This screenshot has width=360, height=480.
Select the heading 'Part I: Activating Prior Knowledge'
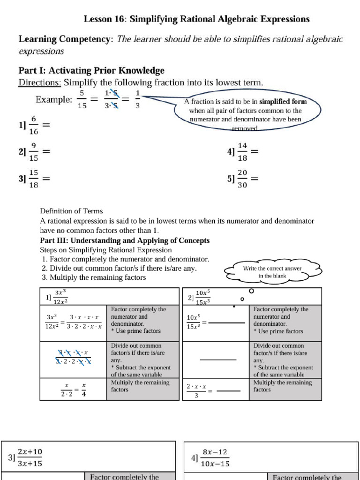[x=91, y=70]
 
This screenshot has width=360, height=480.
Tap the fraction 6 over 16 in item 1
[x=34, y=126]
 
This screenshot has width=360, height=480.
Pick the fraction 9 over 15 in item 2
[x=34, y=152]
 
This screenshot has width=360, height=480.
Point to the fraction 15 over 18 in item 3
[x=34, y=179]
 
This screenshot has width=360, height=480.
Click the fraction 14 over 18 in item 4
[x=242, y=152]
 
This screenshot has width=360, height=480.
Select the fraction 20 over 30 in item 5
[x=242, y=179]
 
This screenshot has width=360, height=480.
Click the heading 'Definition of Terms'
[x=71, y=211]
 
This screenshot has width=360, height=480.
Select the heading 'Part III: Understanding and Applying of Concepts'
[x=125, y=240]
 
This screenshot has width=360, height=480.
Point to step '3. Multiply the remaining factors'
[x=94, y=277]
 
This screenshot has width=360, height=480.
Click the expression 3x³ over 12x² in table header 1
[x=60, y=297]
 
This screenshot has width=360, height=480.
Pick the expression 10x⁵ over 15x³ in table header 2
[x=203, y=297]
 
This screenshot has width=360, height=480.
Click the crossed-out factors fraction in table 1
[x=73, y=357]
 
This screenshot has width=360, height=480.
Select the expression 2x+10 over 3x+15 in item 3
[x=30, y=457]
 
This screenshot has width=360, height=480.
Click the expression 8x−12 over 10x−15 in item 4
[x=215, y=457]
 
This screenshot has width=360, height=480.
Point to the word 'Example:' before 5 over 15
[x=54, y=99]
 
